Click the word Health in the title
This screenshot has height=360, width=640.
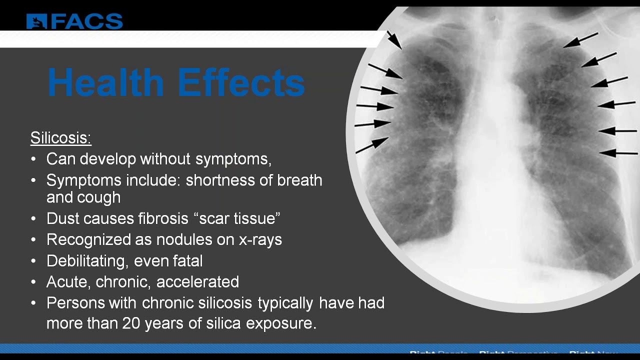click(x=105, y=83)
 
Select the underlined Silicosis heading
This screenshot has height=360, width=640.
click(x=60, y=138)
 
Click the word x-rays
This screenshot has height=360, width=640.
click(x=260, y=239)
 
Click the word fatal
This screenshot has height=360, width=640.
click(x=186, y=260)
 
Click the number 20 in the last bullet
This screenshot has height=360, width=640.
click(x=130, y=323)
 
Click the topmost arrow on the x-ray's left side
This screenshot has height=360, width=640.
click(x=394, y=40)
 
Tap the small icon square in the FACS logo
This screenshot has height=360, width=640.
click(x=36, y=21)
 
